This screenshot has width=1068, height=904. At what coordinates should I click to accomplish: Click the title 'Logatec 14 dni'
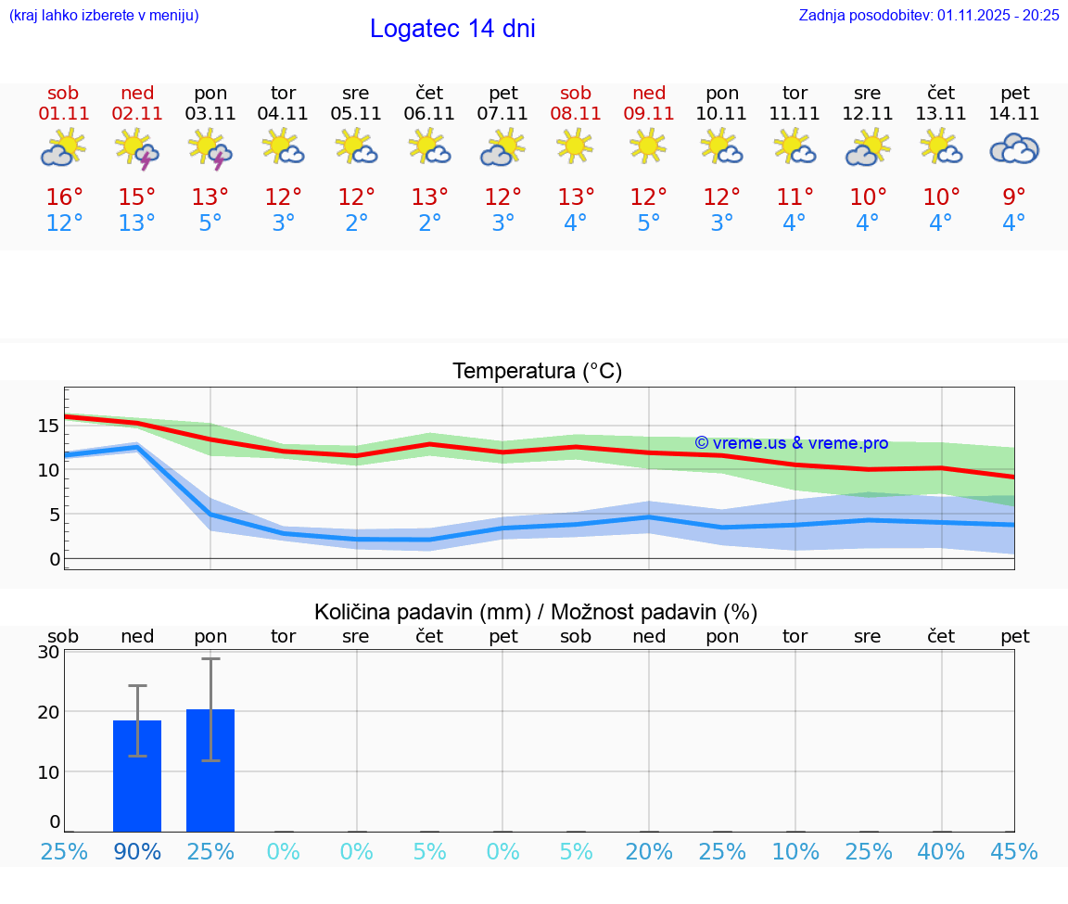pyautogui.click(x=452, y=29)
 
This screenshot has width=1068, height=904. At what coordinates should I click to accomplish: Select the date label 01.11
pyautogui.click(x=63, y=113)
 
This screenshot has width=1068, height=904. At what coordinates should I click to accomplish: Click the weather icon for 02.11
pyautogui.click(x=136, y=149)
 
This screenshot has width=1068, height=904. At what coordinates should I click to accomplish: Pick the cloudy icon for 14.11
pyautogui.click(x=1014, y=149)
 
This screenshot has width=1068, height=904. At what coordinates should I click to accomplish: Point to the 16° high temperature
pyautogui.click(x=64, y=197)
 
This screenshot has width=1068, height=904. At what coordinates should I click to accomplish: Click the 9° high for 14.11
pyautogui.click(x=1014, y=197)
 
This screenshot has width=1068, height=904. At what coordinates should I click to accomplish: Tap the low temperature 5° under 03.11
pyautogui.click(x=210, y=223)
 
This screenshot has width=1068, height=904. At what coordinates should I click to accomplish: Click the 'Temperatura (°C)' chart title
pyautogui.click(x=537, y=372)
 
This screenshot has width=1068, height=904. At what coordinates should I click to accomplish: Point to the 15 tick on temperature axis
pyautogui.click(x=48, y=426)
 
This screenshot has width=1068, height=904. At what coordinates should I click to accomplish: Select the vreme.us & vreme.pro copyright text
pyautogui.click(x=791, y=443)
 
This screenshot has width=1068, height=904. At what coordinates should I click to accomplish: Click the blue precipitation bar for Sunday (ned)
pyautogui.click(x=137, y=776)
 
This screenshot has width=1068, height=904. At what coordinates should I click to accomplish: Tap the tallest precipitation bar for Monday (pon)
pyautogui.click(x=210, y=770)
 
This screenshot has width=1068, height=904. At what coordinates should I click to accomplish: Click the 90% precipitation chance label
pyautogui.click(x=137, y=851)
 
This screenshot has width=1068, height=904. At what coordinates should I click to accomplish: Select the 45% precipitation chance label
pyautogui.click(x=1014, y=851)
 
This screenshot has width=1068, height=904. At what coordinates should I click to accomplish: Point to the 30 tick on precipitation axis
pyautogui.click(x=48, y=652)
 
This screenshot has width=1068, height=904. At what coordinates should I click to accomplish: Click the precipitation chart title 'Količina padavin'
pyautogui.click(x=536, y=612)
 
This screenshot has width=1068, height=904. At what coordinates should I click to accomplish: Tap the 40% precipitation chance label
pyautogui.click(x=941, y=851)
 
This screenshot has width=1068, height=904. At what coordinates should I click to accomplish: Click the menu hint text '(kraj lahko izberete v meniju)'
pyautogui.click(x=104, y=15)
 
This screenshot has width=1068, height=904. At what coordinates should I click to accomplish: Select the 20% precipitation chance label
pyautogui.click(x=649, y=851)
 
